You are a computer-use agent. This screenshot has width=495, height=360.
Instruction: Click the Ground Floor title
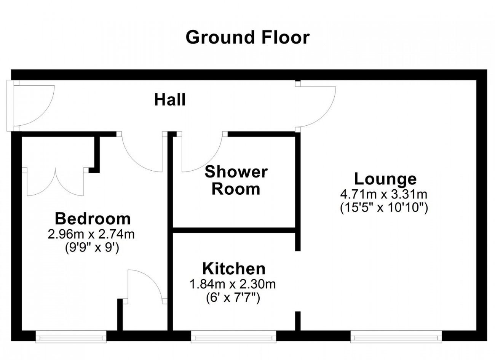click(x=247, y=38)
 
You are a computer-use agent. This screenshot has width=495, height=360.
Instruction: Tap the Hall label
click(x=170, y=100)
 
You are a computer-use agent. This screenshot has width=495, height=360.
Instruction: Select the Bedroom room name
click(x=93, y=219)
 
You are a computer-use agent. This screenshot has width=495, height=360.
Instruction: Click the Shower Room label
click(x=236, y=181)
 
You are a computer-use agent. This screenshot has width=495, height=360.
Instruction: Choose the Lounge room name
click(x=385, y=179)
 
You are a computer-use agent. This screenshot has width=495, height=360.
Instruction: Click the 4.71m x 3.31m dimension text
click(x=384, y=195)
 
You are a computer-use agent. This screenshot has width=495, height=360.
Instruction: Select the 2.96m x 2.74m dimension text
click(x=91, y=234)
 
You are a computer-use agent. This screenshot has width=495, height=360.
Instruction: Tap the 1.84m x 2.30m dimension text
click(x=233, y=285)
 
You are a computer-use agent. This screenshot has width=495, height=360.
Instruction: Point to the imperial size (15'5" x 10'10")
click(x=384, y=208)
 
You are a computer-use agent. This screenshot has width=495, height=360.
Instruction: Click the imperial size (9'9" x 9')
click(x=92, y=248)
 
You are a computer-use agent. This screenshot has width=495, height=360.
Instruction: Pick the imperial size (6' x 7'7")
click(x=233, y=298)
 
